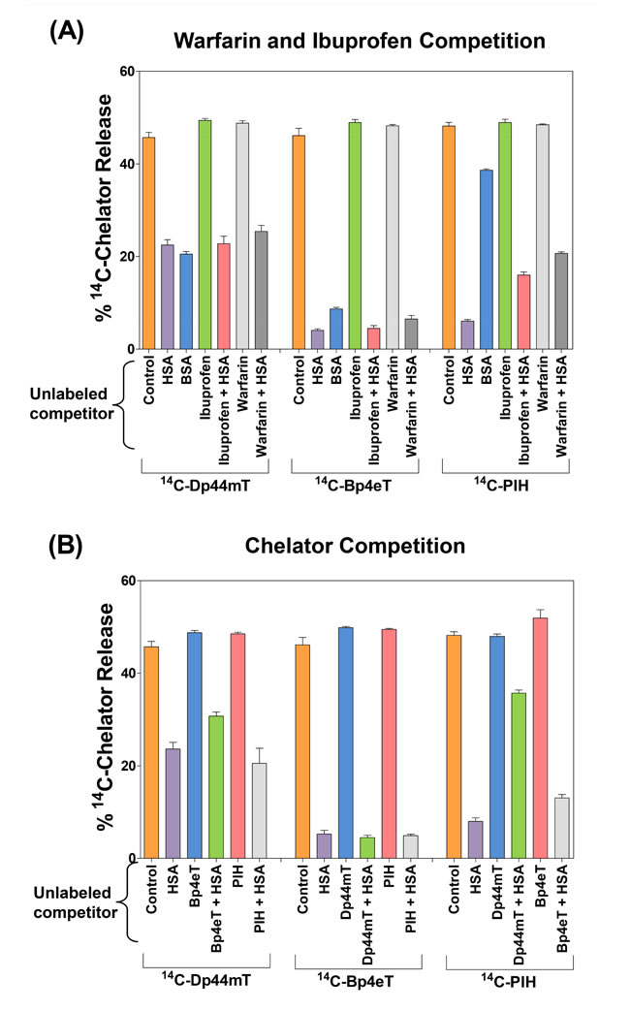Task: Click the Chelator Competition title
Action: tap(358, 547)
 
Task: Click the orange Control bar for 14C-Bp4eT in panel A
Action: tap(299, 242)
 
